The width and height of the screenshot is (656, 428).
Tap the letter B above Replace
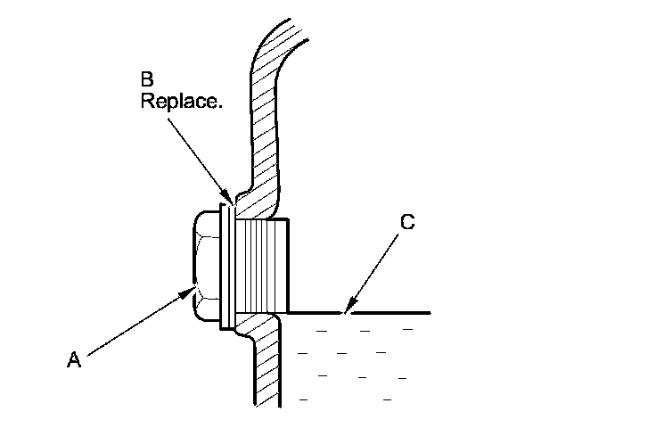coord(146,79)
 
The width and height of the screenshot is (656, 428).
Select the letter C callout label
coord(406,223)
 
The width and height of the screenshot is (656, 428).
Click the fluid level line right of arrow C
coord(392,313)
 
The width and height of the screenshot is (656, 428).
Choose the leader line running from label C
coord(374,268)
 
